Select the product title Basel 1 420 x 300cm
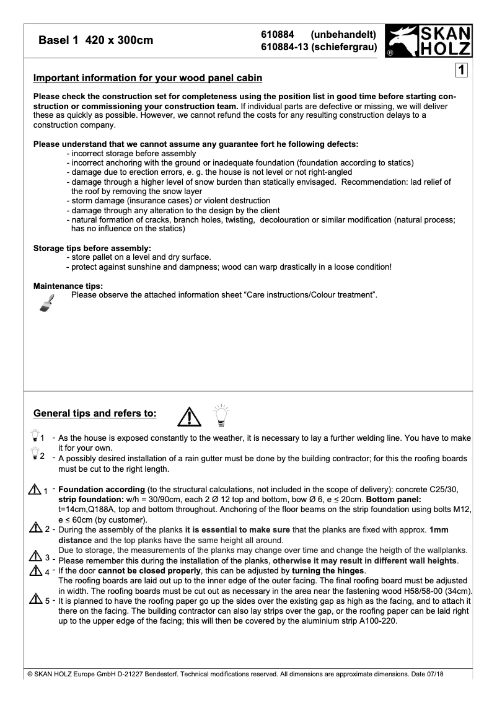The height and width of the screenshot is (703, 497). (x=96, y=41)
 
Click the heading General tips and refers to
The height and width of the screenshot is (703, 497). (x=95, y=413)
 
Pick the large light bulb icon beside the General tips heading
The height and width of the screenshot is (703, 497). (x=220, y=416)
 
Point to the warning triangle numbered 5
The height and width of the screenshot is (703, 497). (x=35, y=599)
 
